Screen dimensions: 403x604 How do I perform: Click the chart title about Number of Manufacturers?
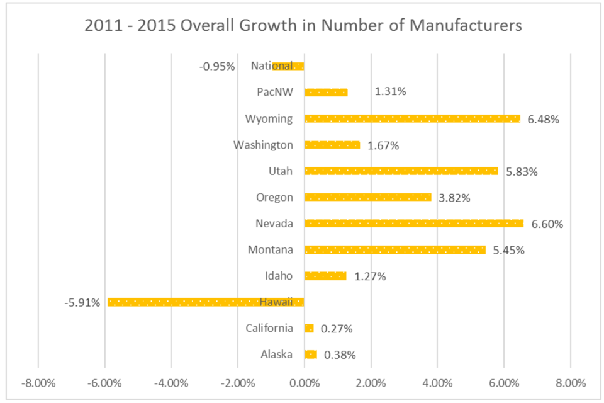303,26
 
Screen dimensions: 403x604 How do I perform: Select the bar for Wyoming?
412,118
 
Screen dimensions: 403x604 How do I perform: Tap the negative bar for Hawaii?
206,302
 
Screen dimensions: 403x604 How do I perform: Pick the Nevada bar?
413,224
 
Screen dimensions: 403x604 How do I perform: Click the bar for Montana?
395,250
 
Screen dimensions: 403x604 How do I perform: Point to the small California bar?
309,328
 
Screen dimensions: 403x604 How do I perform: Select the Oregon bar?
368,197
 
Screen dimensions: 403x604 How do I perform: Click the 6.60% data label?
545,224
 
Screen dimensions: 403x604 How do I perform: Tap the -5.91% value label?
82,303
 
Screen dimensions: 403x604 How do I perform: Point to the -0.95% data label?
217,66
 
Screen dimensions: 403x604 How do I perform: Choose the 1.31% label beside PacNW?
390,92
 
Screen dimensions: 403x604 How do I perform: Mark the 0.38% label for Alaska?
340,355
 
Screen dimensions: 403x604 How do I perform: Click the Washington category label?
263,145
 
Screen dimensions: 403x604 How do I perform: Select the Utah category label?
280,171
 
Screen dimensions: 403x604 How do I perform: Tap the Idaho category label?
279,276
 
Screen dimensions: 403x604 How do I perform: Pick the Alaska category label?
276,355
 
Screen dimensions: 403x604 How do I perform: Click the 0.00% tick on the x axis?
305,383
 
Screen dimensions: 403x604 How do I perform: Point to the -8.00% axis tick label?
38,383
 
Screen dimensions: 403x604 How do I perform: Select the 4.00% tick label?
437,383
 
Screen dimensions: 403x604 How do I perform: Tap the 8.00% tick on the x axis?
570,383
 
